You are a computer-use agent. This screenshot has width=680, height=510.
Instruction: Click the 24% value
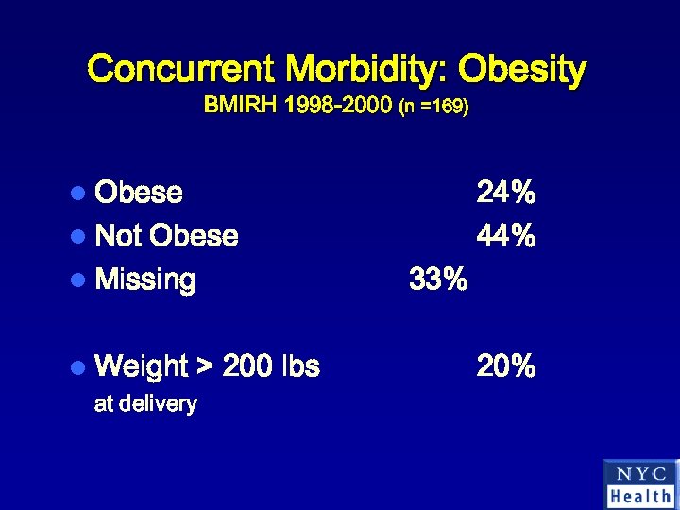[506, 193]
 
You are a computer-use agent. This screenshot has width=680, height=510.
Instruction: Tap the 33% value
[438, 280]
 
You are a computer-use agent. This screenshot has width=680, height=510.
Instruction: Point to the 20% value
[506, 365]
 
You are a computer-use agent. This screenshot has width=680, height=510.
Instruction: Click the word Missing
[146, 280]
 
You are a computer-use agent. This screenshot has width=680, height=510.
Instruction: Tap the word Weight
[142, 365]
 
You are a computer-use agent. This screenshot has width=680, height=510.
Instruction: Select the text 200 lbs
[271, 365]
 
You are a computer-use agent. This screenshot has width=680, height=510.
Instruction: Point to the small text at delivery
[145, 404]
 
